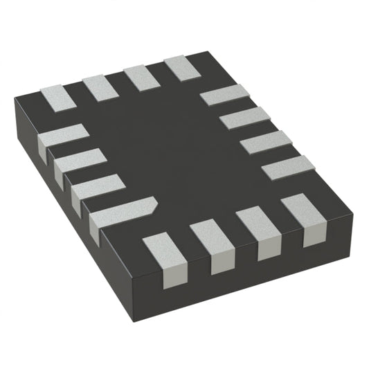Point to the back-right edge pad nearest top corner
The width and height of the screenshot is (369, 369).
pyautogui.click(x=224, y=93)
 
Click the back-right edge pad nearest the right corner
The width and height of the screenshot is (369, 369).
pyautogui.click(x=288, y=168)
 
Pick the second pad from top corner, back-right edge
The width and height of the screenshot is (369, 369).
pyautogui.click(x=244, y=117)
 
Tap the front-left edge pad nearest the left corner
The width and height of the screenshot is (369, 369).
pyautogui.click(x=63, y=136)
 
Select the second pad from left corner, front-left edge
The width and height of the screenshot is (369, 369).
pyautogui.click(x=80, y=163)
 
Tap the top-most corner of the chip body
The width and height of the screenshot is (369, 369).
pyautogui.click(x=208, y=52)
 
